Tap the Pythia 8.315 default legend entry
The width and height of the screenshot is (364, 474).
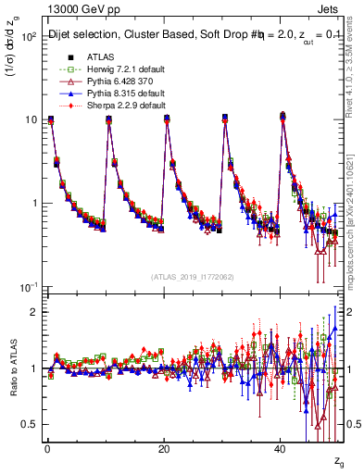107,94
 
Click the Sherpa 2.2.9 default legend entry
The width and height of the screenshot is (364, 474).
107,106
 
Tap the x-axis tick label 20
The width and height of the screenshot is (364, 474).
163,448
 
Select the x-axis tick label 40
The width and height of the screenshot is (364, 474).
280,448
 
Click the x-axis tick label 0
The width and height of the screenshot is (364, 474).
47,448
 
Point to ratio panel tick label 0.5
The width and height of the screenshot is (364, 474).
27,424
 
